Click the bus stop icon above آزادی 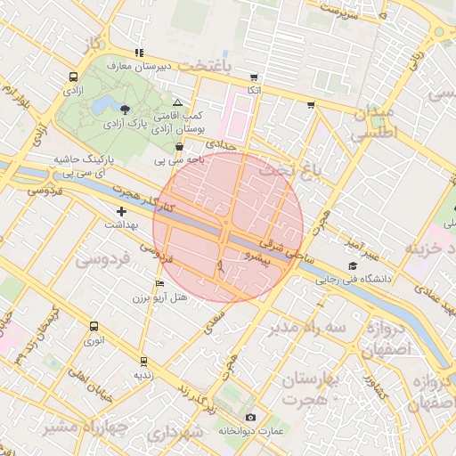72,77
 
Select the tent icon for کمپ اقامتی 178,103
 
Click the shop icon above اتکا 254,77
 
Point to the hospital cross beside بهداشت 122,212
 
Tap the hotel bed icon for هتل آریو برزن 159,283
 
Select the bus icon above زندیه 143,362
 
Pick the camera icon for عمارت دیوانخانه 250,418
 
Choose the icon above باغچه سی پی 179,146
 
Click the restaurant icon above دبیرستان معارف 138,52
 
